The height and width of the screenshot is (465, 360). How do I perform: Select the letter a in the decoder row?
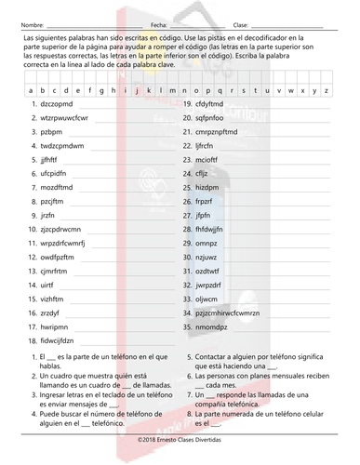[x=32, y=90]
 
